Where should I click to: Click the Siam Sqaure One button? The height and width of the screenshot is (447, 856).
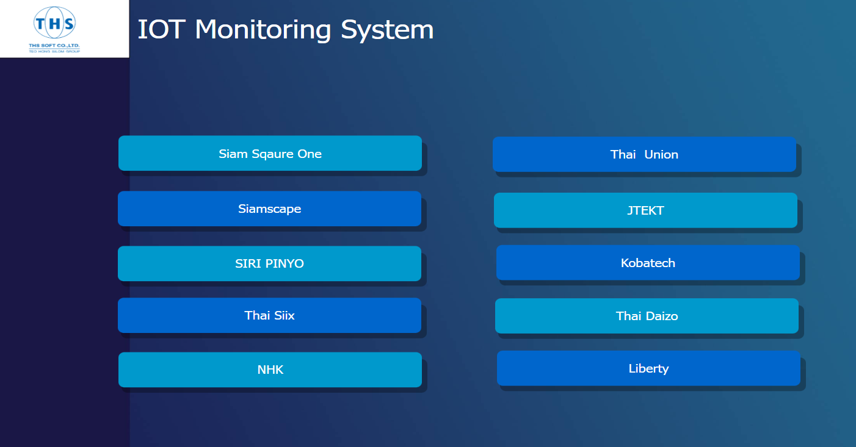pyautogui.click(x=270, y=153)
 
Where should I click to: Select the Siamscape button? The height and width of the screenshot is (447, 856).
pyautogui.click(x=269, y=209)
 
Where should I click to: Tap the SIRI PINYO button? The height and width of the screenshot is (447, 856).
pyautogui.click(x=269, y=263)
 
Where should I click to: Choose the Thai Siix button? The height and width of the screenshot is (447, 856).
pyautogui.click(x=269, y=315)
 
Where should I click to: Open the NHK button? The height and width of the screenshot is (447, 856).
pyautogui.click(x=270, y=370)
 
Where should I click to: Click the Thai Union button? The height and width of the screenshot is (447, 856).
pyautogui.click(x=644, y=154)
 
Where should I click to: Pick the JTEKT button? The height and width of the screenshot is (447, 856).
pyautogui.click(x=645, y=210)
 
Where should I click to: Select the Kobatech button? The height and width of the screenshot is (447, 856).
pyautogui.click(x=648, y=263)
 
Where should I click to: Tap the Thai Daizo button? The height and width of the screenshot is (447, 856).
pyautogui.click(x=647, y=316)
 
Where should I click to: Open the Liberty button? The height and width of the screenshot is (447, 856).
pyautogui.click(x=648, y=368)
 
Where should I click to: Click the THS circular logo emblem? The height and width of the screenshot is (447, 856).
pyautogui.click(x=55, y=23)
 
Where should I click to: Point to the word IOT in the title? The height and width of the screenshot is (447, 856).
pyautogui.click(x=161, y=29)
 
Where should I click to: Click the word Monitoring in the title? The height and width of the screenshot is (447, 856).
pyautogui.click(x=263, y=30)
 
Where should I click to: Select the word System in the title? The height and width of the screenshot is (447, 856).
pyautogui.click(x=387, y=30)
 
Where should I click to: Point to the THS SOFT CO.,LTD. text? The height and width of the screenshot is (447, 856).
pyautogui.click(x=54, y=45)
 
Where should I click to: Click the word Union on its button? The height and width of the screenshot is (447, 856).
pyautogui.click(x=661, y=154)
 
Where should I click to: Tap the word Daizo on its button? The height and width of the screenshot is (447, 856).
pyautogui.click(x=662, y=316)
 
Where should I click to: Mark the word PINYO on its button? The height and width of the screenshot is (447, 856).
pyautogui.click(x=285, y=263)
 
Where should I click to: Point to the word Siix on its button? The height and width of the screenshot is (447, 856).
pyautogui.click(x=285, y=315)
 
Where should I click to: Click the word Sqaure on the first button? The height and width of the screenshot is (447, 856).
pyautogui.click(x=273, y=154)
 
